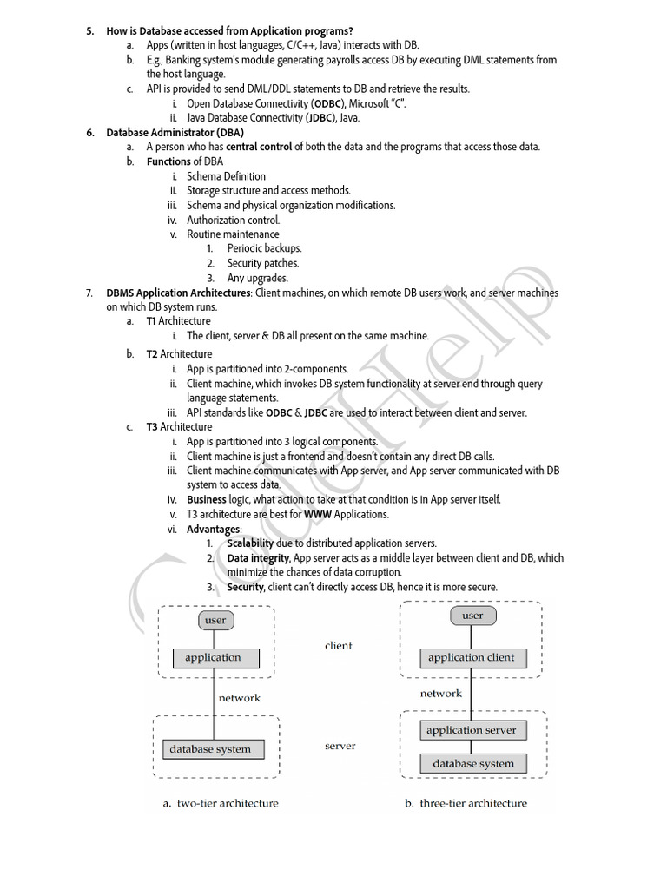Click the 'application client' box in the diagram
(471, 658)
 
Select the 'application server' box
(471, 730)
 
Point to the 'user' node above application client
(472, 616)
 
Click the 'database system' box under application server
(473, 764)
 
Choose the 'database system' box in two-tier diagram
(210, 749)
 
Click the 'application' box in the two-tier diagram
(213, 657)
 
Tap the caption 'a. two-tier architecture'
(221, 803)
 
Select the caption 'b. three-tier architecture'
(466, 803)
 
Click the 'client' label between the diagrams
(339, 646)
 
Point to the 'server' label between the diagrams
(340, 746)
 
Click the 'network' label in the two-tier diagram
(239, 697)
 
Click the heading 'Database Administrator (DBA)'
(175, 132)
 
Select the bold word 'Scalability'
(253, 543)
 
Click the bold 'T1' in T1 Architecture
(151, 321)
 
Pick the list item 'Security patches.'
(262, 263)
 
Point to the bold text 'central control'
(260, 147)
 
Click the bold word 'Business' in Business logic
(206, 499)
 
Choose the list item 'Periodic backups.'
(264, 248)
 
